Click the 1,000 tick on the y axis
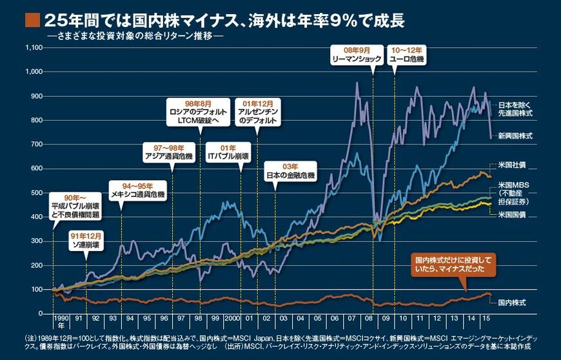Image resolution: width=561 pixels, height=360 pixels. [x=32, y=72]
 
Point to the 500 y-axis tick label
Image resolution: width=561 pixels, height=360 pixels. [x=34, y=192]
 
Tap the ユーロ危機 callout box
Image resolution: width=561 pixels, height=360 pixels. [x=407, y=54]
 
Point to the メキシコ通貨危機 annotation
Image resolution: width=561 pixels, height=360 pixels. [x=137, y=190]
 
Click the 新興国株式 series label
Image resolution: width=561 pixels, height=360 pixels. [x=516, y=136]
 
